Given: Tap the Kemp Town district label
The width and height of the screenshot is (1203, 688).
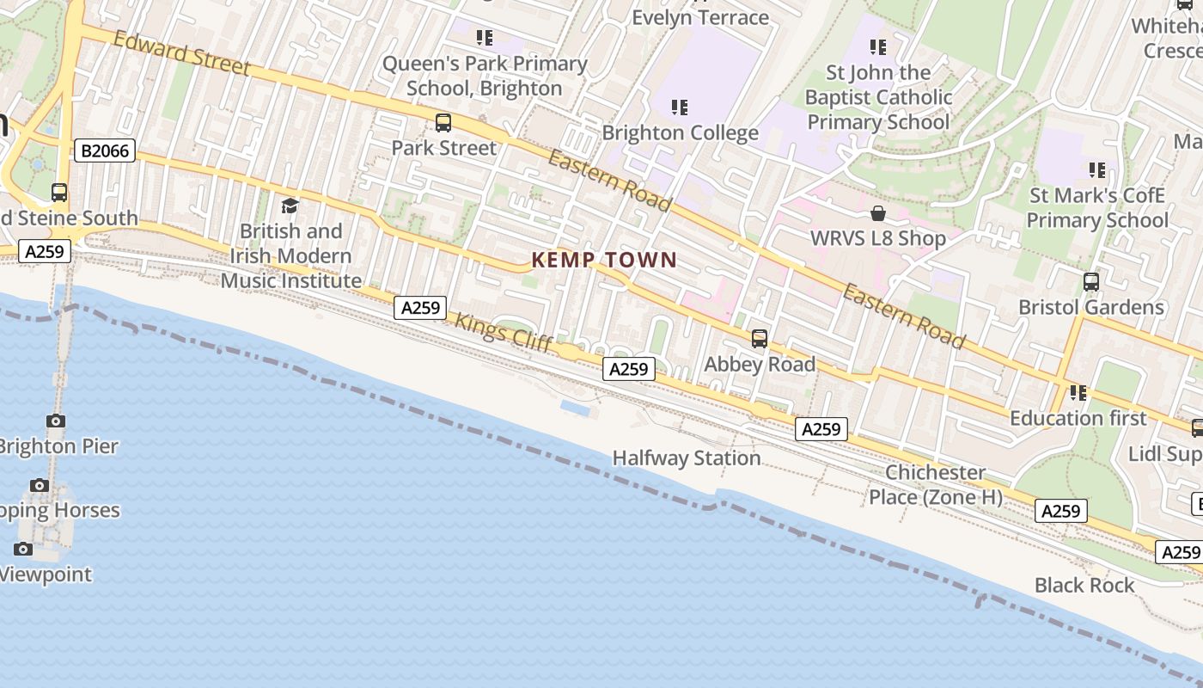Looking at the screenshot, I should point(604,260).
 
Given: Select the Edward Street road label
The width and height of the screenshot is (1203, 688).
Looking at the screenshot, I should point(181,53).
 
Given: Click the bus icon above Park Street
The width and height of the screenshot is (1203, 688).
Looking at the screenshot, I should point(443,123).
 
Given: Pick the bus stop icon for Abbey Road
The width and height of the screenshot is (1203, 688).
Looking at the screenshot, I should point(760,339).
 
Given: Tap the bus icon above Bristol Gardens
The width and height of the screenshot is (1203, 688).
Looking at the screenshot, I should point(1091,282).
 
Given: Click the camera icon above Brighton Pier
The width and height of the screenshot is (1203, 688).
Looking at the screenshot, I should point(56,421).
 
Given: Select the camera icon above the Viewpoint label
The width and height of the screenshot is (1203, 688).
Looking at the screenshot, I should point(23,549).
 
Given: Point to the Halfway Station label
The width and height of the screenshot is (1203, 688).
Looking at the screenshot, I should point(687,458).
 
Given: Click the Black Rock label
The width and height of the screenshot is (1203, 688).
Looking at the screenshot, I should point(1084,586).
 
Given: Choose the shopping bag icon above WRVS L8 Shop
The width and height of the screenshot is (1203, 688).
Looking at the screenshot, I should point(878,213).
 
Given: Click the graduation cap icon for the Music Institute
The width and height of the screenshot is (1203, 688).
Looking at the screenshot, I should point(290,206).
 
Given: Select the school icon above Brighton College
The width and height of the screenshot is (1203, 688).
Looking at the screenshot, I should point(680,107).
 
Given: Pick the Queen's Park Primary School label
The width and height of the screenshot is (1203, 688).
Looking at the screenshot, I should point(485,76).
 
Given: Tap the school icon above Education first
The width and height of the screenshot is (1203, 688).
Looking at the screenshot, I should point(1078,393).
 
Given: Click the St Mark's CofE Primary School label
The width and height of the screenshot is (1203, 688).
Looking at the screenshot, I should point(1097,208).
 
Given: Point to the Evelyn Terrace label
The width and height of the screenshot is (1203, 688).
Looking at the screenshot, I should point(700,17).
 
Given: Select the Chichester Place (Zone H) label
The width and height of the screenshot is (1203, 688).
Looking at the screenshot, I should point(935,485).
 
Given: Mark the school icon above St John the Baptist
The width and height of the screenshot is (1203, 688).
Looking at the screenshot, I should point(877,46).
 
